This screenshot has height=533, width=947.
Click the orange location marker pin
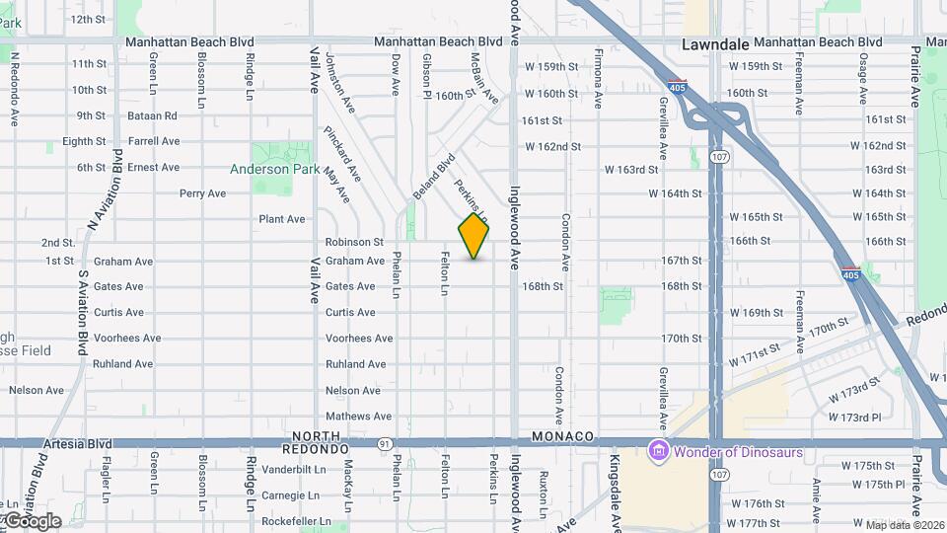point(473,237)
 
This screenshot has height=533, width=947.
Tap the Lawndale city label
point(715,44)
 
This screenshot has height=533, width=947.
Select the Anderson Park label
point(274,169)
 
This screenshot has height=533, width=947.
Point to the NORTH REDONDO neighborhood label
point(321,442)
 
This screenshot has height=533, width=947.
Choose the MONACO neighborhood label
point(562,436)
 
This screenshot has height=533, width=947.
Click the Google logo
point(32,520)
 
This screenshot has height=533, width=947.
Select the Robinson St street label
point(354,242)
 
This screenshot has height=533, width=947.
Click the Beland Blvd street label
point(434,176)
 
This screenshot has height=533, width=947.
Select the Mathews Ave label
point(358,417)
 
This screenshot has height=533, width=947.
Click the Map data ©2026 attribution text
point(906,524)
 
